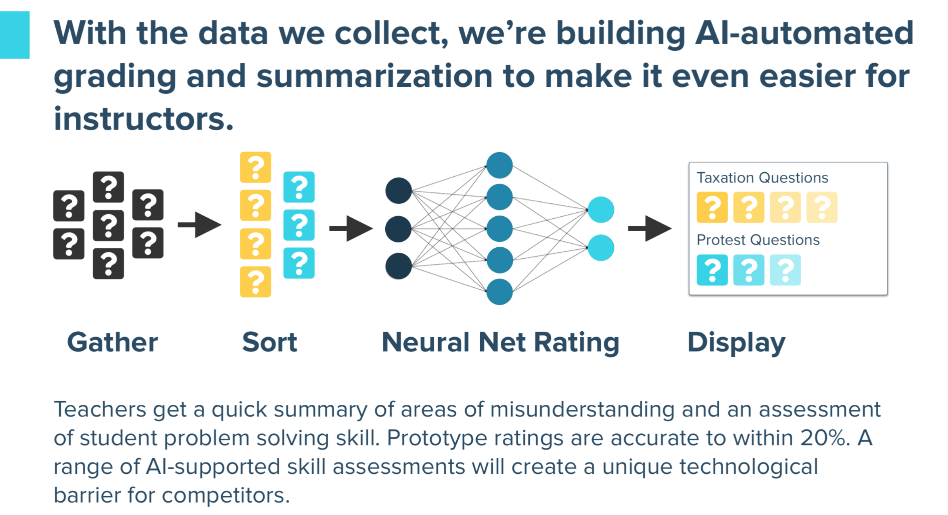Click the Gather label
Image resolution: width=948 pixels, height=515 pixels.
[113, 342]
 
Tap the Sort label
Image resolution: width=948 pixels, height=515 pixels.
[270, 342]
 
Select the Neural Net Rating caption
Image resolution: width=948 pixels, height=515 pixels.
[500, 342]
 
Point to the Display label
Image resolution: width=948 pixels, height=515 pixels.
[736, 342]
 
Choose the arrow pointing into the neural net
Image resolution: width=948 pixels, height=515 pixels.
[351, 228]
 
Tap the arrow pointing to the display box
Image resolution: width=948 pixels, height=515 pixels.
[650, 228]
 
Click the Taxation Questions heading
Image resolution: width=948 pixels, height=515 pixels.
[762, 178]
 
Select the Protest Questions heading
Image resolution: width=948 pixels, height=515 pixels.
[758, 240]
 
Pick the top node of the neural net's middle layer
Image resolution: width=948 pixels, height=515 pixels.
[500, 165]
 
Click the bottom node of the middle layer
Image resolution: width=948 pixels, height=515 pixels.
[500, 292]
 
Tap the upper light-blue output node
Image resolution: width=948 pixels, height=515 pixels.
[601, 210]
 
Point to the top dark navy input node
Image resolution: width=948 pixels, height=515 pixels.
[398, 191]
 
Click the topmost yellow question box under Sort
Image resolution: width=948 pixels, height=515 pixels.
[255, 167]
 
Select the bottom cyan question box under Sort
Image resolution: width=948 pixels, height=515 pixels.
[299, 263]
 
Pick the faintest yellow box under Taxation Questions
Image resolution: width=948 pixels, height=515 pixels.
[822, 207]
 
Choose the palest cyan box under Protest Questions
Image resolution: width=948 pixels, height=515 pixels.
[785, 270]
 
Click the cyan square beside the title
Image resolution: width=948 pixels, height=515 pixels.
[15, 35]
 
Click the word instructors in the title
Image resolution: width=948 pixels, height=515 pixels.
[144, 119]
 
